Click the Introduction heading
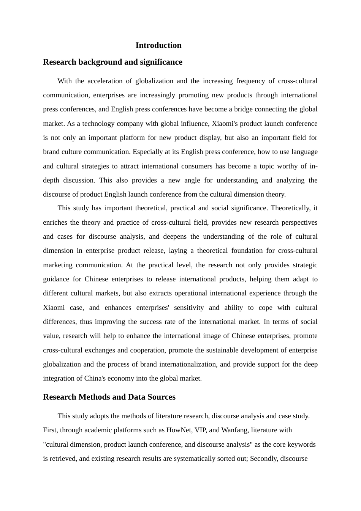[158, 45]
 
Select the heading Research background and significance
[112, 62]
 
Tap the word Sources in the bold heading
[162, 397]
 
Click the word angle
[192, 180]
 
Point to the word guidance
[55, 279]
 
